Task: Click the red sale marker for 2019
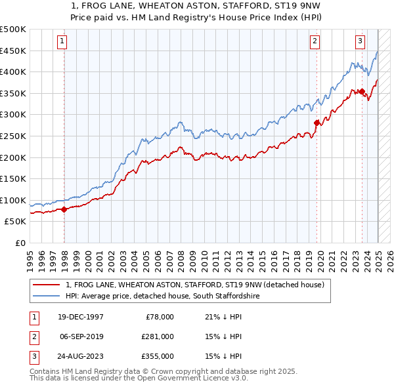317,122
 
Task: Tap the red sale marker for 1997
64,210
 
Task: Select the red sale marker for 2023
362,91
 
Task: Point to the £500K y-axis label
13,30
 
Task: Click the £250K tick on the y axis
13,136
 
